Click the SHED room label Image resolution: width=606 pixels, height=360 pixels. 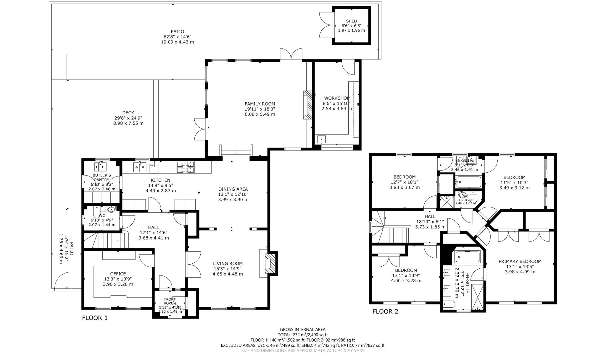coord(351,21)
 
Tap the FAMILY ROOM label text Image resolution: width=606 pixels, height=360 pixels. coord(260,104)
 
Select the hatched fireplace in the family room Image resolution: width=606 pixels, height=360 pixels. coord(308,105)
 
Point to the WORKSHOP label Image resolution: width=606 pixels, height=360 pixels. coord(336,98)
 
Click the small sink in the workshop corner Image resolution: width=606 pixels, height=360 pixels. coord(321,139)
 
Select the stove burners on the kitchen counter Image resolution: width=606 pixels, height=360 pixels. coord(185,167)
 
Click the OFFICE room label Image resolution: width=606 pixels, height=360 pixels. coord(118,274)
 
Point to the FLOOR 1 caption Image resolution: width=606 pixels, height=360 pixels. coord(95,318)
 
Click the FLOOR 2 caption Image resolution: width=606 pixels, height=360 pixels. coord(385,312)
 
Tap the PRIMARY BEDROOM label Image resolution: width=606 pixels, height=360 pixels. coord(520,261)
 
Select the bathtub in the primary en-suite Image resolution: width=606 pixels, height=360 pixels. coord(468,256)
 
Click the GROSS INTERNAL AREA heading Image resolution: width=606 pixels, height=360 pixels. coord(302,329)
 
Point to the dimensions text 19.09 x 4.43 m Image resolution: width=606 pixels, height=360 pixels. coord(177,42)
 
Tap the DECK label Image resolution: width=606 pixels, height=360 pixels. coord(128,113)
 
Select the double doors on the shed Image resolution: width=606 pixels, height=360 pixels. coord(326,25)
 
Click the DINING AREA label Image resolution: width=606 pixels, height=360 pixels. coord(233,189)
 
